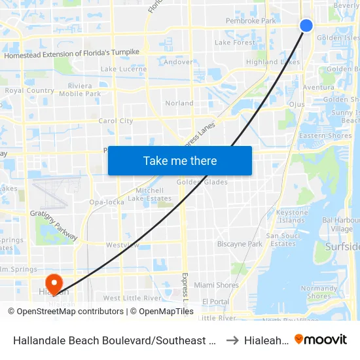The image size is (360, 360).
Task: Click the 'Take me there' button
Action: (180, 161)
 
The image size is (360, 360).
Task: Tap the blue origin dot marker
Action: (306, 26)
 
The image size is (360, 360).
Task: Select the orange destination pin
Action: (54, 283)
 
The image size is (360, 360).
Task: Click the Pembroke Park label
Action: (251, 21)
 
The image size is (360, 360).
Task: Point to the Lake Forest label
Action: (235, 43)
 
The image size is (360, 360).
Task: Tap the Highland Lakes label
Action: (272, 62)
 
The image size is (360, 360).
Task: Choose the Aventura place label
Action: (318, 87)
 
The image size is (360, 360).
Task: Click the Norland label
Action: (179, 103)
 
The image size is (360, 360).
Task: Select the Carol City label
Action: (115, 121)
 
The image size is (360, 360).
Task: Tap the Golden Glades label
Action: (202, 182)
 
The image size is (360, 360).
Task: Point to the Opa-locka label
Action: (107, 202)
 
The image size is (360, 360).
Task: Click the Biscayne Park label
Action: (239, 244)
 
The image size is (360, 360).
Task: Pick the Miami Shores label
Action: (216, 285)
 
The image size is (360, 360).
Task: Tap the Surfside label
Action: (342, 247)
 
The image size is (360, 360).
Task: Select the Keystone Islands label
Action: (291, 217)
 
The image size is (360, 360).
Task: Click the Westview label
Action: (122, 245)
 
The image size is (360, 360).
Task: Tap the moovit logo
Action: (321, 339)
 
